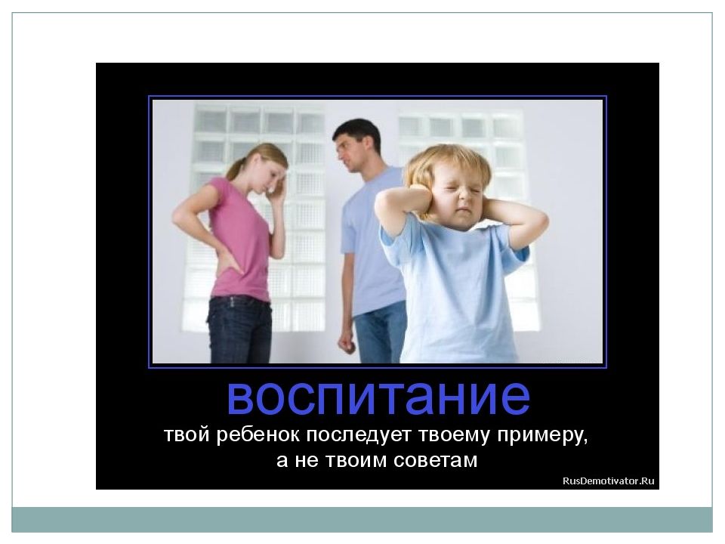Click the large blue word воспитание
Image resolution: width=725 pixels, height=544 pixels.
coord(378,398)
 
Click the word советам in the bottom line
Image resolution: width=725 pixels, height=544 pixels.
coord(435,461)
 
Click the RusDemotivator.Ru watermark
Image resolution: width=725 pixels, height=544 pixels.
coord(608,481)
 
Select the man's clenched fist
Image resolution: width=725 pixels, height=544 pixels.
coord(347,343)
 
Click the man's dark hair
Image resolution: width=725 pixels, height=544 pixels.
coord(357,131)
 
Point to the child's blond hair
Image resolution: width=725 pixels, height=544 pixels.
coord(446,162)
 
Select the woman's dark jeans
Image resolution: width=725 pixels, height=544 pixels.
coord(239,329)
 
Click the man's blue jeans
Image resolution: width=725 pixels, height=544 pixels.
coord(380,333)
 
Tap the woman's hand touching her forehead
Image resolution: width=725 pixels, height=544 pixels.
coord(279,190)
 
